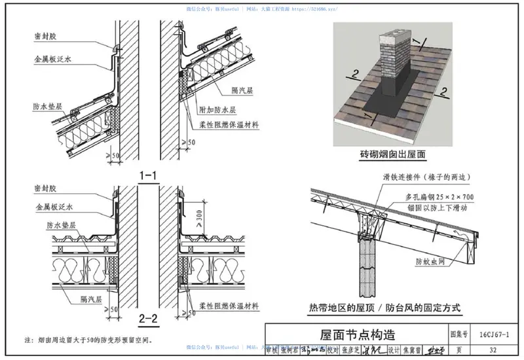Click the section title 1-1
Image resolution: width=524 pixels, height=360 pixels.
(x=147, y=175)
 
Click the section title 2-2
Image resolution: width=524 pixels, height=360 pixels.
(x=147, y=319)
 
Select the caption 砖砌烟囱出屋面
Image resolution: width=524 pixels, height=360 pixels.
(x=392, y=155)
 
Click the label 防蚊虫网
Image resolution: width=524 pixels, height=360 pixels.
(x=430, y=262)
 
